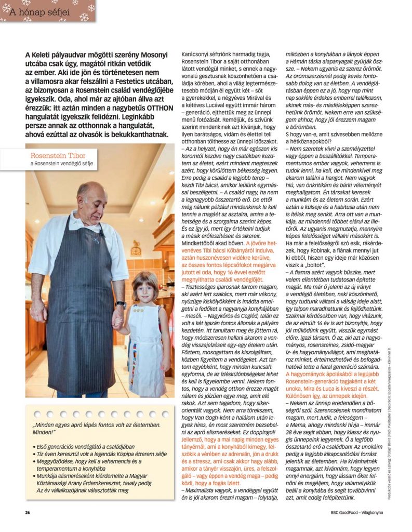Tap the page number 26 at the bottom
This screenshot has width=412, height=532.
point(28,512)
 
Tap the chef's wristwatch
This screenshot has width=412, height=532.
point(121,304)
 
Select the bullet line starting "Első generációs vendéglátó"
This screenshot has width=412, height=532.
point(84,446)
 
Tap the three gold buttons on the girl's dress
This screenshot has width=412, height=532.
point(138,310)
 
